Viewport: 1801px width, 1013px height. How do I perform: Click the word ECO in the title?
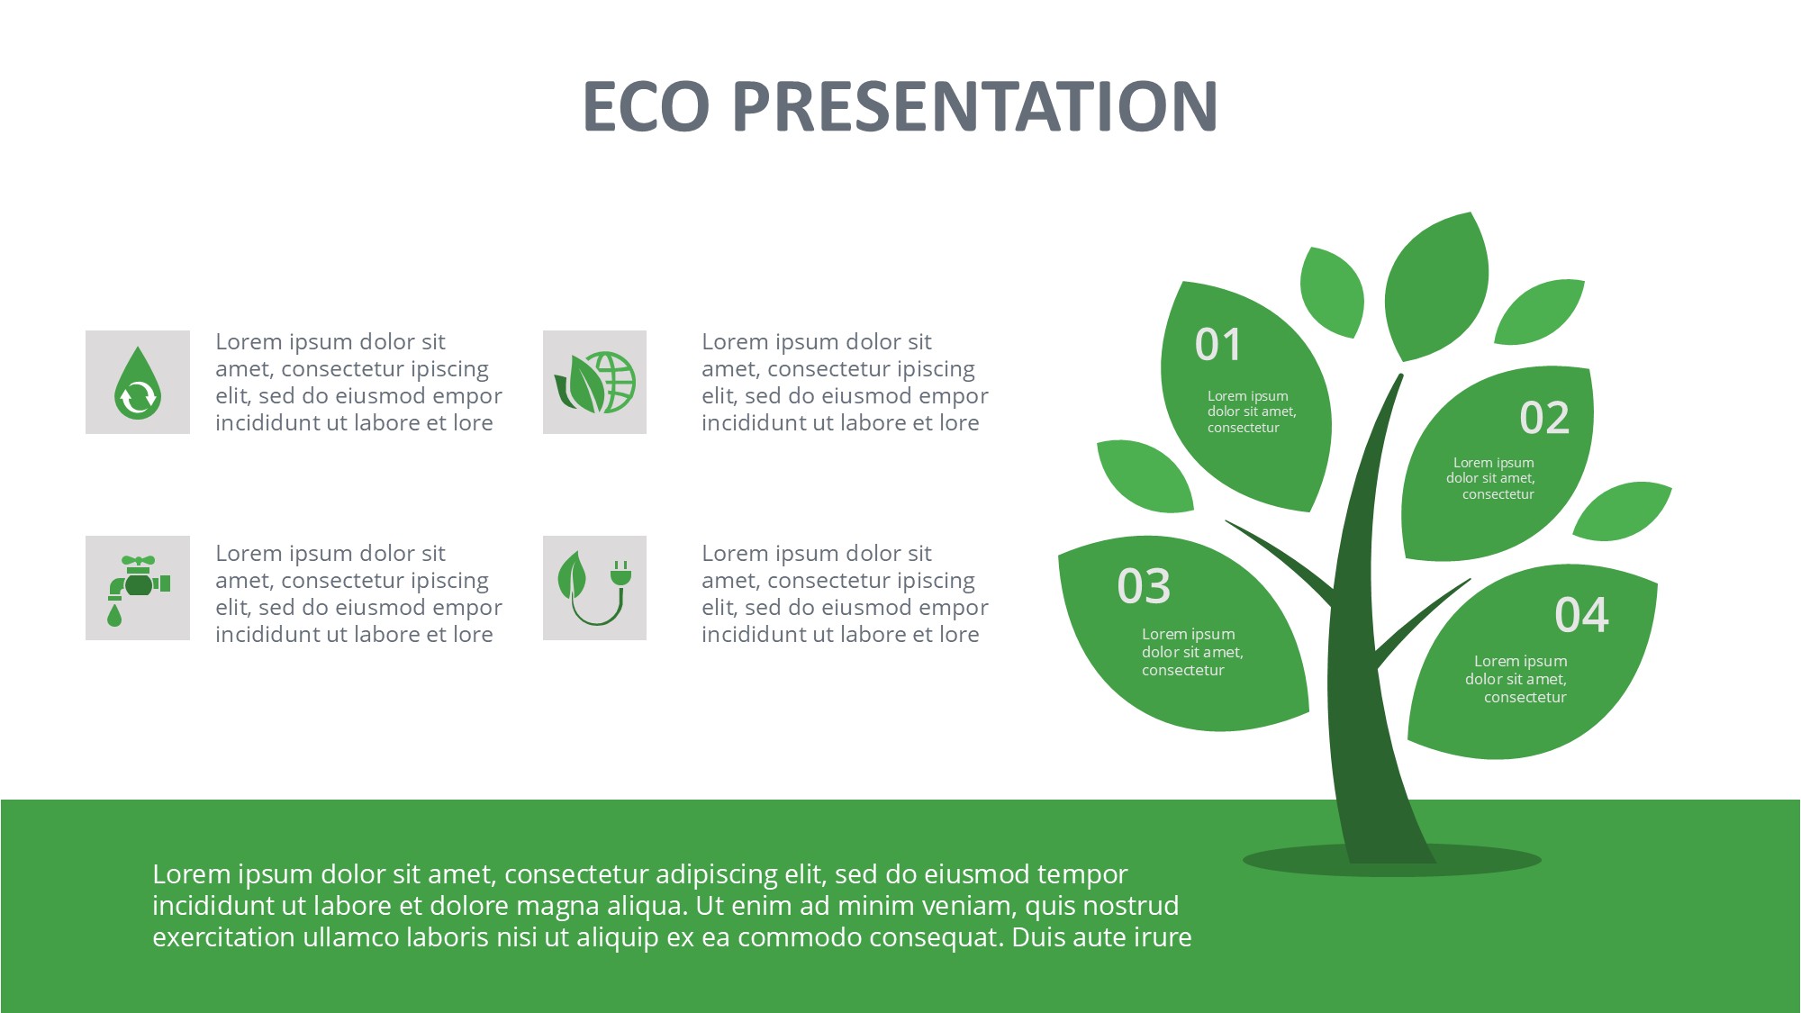coord(647,106)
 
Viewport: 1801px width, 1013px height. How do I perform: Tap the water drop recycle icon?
coord(138,383)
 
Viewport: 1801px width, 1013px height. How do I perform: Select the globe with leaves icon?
coord(594,383)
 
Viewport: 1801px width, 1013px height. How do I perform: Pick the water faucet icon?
coord(138,589)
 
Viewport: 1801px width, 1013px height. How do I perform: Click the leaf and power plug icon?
coord(594,589)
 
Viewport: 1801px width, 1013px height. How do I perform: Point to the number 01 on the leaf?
coord(1218,345)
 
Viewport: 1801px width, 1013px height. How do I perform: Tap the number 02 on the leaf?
coord(1544,418)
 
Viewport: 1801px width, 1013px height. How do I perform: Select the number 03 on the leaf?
coord(1144,586)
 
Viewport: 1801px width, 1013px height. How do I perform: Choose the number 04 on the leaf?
coord(1581,615)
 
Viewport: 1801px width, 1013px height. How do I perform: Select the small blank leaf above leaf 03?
coord(1144,475)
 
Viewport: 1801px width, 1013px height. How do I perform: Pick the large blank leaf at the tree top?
coord(1436,286)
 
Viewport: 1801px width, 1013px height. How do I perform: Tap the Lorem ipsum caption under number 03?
coord(1192,652)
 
